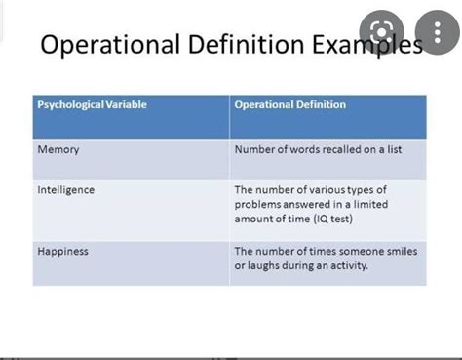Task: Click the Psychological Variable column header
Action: coord(92,104)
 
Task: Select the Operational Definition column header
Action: coord(289,104)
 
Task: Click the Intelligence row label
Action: coord(66,189)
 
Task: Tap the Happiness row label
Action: coord(63,251)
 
